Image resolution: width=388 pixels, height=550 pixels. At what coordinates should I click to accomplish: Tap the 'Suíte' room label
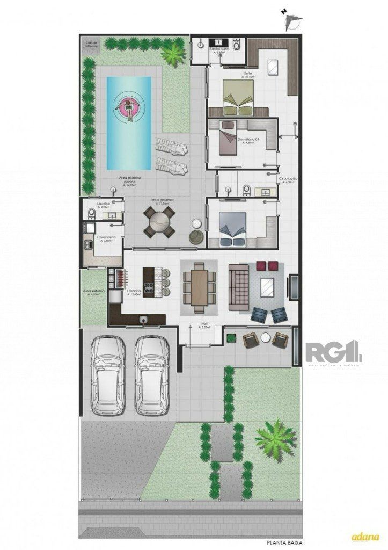247,73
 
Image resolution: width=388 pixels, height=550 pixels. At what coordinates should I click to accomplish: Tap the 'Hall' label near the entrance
204,324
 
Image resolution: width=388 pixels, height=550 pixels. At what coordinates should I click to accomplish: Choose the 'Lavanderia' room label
104,236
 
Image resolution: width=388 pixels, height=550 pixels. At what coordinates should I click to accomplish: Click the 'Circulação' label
288,178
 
